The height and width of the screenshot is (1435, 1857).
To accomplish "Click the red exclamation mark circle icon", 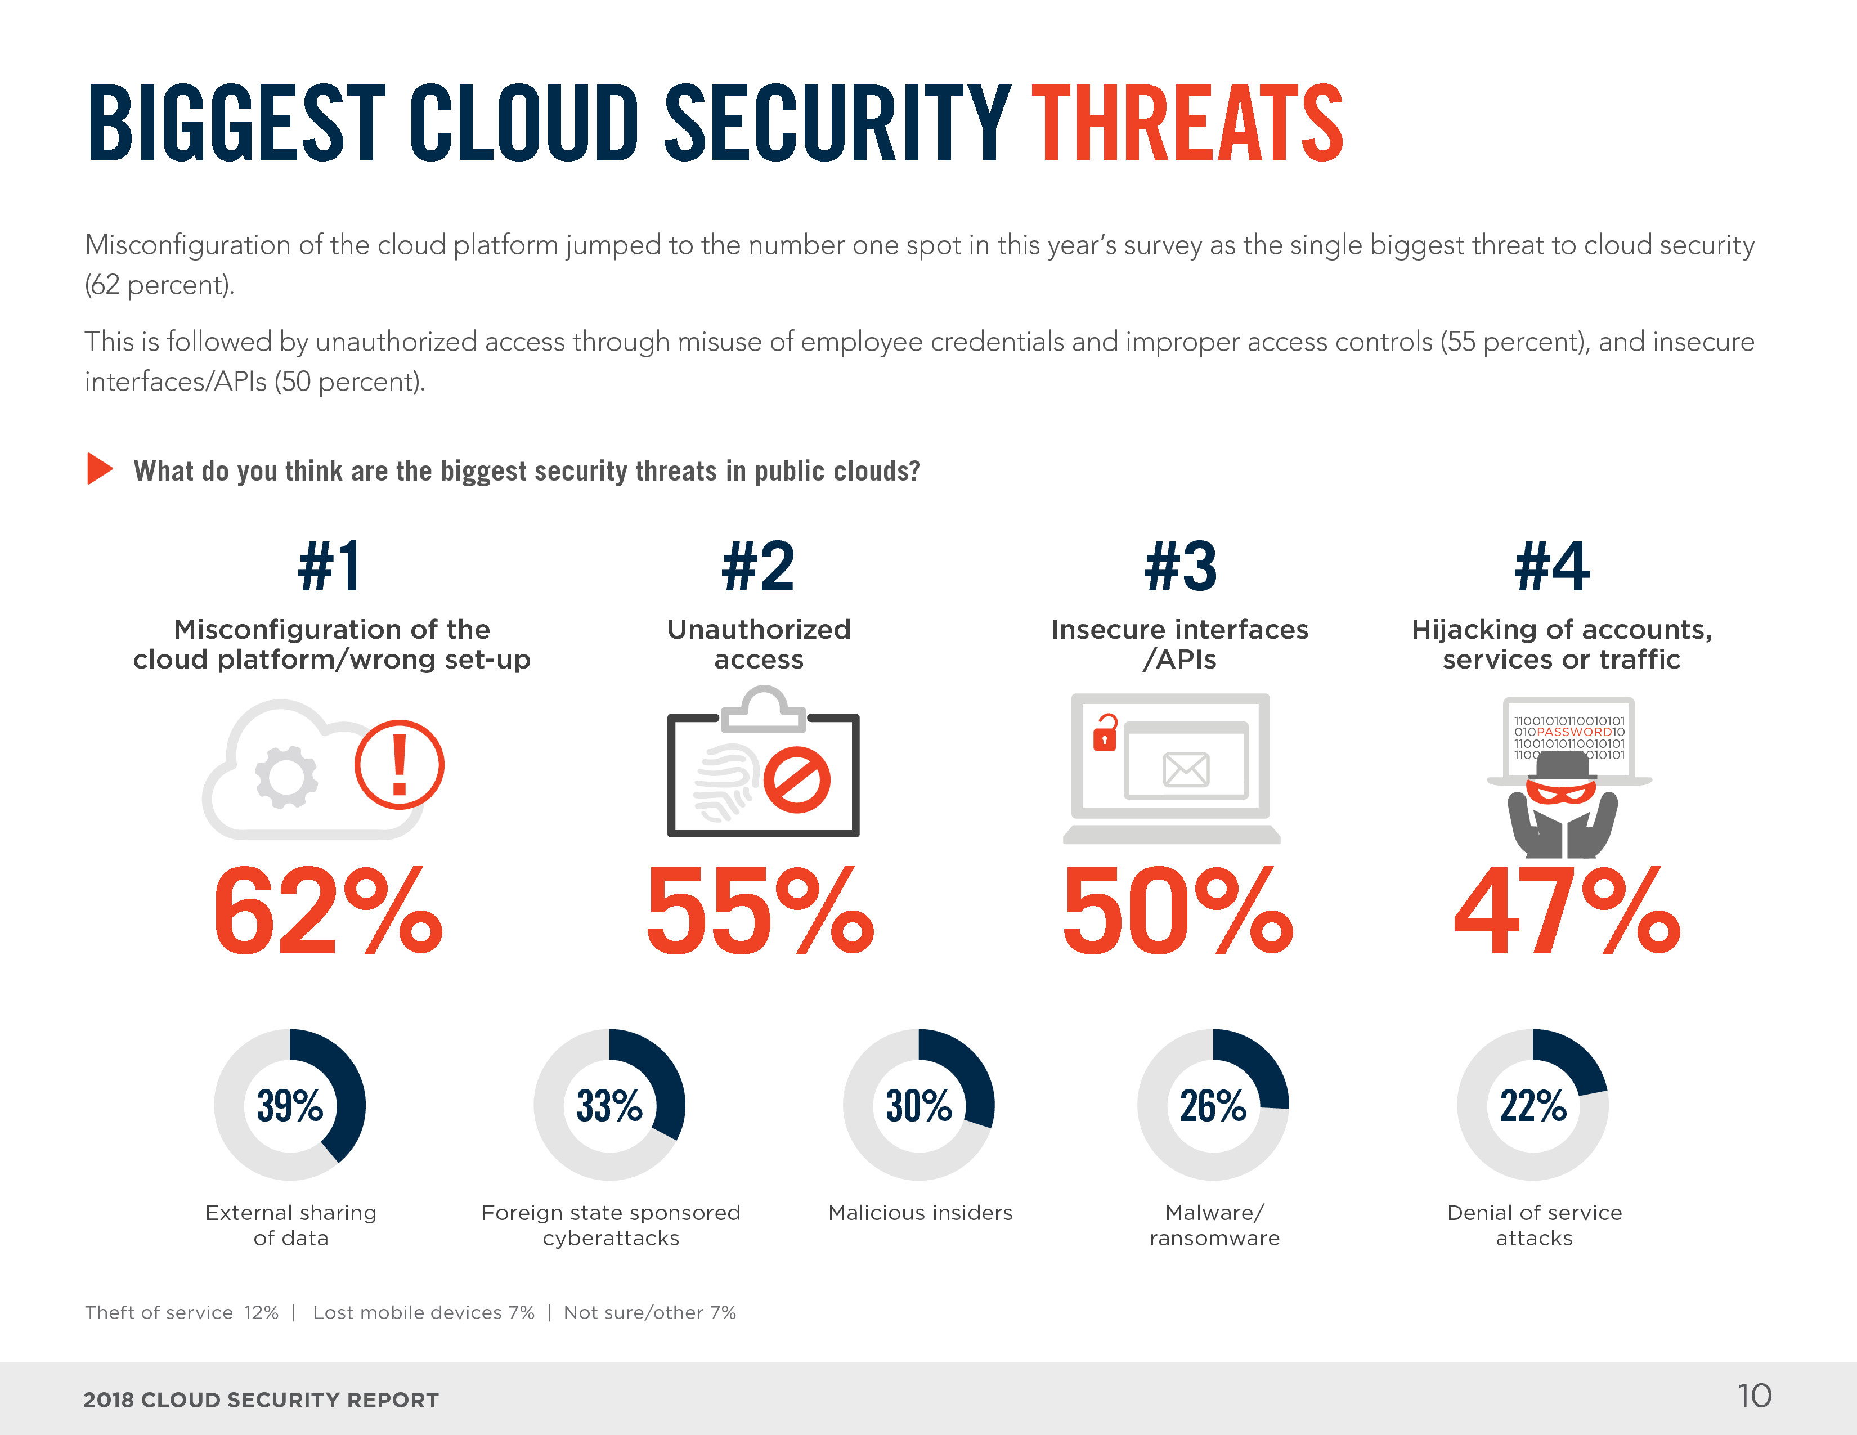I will point(399,764).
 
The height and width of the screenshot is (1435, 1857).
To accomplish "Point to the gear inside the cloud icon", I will point(286,776).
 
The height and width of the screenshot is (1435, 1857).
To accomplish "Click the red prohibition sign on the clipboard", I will point(797,781).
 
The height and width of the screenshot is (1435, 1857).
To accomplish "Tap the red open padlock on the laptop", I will point(1105,733).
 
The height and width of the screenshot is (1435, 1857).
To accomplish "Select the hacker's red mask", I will point(1561,793).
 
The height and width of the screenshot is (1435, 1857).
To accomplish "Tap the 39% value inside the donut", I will point(290,1105).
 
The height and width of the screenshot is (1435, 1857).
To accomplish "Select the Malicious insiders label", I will point(920,1213).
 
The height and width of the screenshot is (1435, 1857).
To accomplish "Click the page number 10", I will point(1754,1396).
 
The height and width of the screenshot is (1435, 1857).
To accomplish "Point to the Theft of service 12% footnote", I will point(182,1312).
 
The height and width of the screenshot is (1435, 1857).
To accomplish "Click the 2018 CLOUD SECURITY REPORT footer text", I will point(261,1400).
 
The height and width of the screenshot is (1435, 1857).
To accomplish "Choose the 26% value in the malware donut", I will point(1213,1105).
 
